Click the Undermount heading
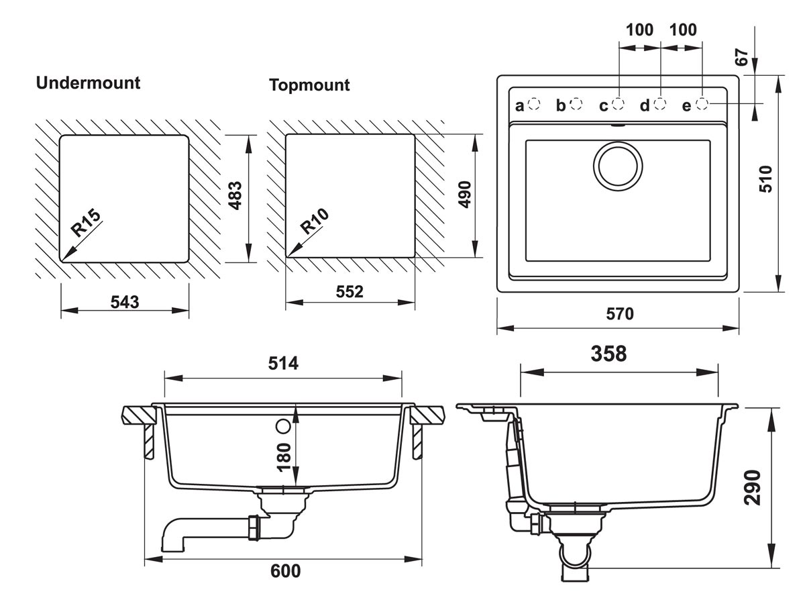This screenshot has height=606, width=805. click(88, 83)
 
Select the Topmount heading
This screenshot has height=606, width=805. click(309, 85)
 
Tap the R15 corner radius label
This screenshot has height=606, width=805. click(87, 223)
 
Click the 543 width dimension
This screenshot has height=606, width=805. click(125, 302)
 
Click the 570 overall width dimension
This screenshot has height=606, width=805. click(619, 314)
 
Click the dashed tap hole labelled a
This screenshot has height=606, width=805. click(534, 104)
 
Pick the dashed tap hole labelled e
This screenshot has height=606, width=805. click(702, 104)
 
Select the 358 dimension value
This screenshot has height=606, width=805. click(608, 354)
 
